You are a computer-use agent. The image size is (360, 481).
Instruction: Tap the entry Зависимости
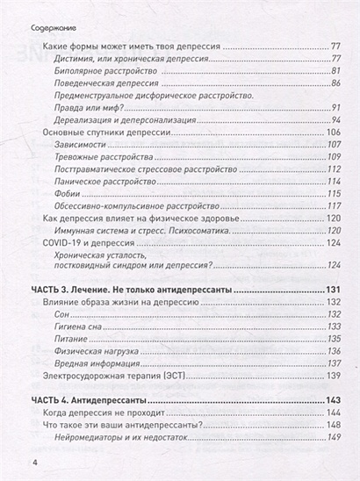coord(79,144)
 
